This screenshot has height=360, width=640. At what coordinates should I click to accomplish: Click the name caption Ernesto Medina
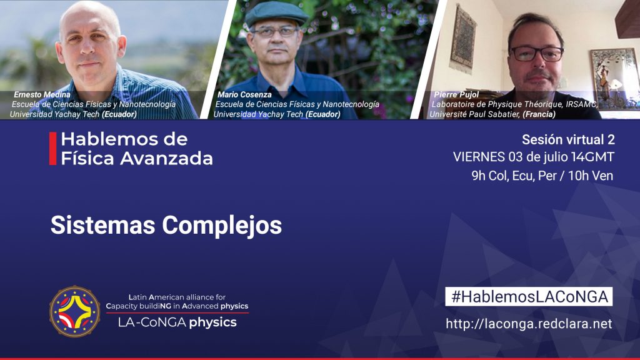coord(42,95)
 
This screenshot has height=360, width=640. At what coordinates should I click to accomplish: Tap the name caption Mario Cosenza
coord(244,95)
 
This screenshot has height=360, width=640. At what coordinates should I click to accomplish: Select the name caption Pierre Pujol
coord(456,95)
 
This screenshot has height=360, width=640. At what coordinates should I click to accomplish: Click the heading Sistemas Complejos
coord(166,225)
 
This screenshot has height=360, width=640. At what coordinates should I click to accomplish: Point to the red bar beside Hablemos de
coord(52,149)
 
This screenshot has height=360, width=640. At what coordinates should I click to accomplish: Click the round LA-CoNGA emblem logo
coord(75,311)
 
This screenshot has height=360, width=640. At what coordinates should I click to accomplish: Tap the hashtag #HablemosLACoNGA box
coord(529,297)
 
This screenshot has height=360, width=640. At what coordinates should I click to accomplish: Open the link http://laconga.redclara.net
coord(529,324)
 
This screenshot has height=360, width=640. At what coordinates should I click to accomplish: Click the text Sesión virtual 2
coord(568,139)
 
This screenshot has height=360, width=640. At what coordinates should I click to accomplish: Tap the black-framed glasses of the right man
coord(537,54)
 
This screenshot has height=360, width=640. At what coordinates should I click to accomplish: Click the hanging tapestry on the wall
coord(462,38)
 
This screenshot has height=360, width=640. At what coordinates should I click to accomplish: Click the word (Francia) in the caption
coord(539,114)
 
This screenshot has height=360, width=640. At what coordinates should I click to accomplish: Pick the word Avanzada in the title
coord(166,158)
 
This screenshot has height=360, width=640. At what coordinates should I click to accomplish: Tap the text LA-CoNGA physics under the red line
coord(177,322)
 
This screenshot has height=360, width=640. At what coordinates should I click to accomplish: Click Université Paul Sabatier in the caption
coord(474,114)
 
